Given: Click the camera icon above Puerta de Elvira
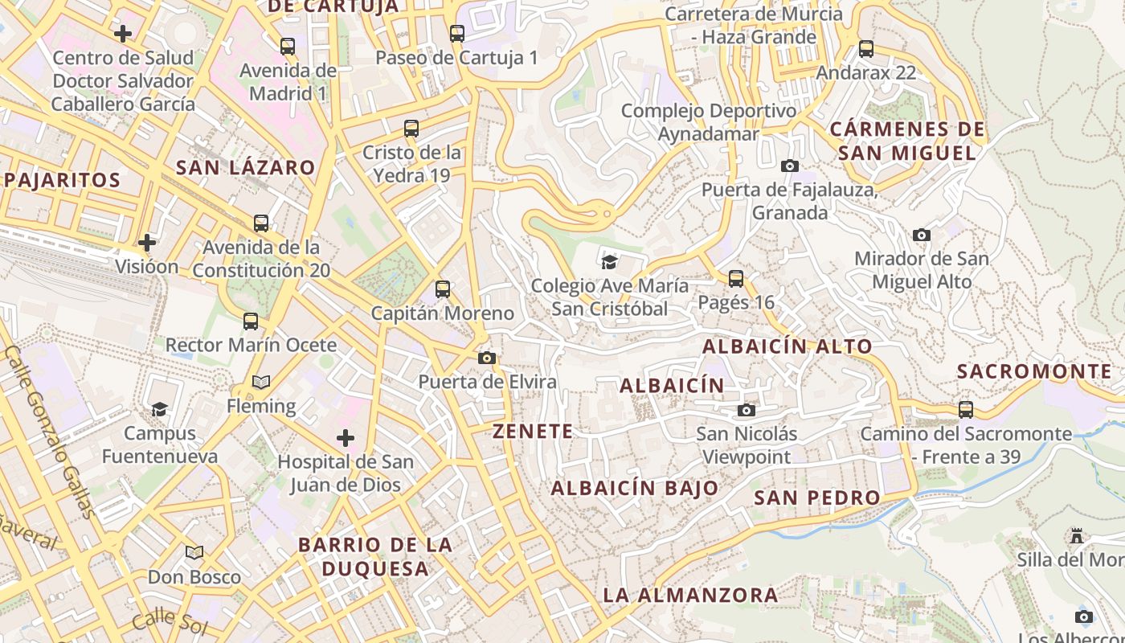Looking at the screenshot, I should [x=487, y=358].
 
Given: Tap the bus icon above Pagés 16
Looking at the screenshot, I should [x=736, y=279].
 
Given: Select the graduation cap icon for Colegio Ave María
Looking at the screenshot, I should [x=610, y=262].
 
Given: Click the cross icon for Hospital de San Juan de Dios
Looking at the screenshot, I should [x=346, y=438].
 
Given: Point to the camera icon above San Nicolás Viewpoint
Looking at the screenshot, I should [x=747, y=411].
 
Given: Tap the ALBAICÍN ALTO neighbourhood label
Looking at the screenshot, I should [x=787, y=346].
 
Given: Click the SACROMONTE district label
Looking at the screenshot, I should [x=1034, y=371].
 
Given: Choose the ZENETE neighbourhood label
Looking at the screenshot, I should [x=534, y=432].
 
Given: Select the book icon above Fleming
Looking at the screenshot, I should [x=261, y=383].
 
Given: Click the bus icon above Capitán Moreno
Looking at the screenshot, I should [x=443, y=289].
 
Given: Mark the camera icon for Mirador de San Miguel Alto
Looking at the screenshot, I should [x=922, y=235].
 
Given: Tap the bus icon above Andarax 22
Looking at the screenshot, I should [x=866, y=49].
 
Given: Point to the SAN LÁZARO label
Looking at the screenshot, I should [x=245, y=168].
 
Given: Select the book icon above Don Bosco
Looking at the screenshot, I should [x=194, y=553].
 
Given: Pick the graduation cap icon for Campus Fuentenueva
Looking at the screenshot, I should [x=160, y=410].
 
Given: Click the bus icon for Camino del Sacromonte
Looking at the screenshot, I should [x=966, y=410].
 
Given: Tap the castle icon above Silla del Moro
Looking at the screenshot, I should [x=1077, y=536].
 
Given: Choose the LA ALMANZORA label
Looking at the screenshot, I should [x=690, y=596].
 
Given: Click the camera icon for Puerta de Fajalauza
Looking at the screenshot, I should [x=790, y=166].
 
